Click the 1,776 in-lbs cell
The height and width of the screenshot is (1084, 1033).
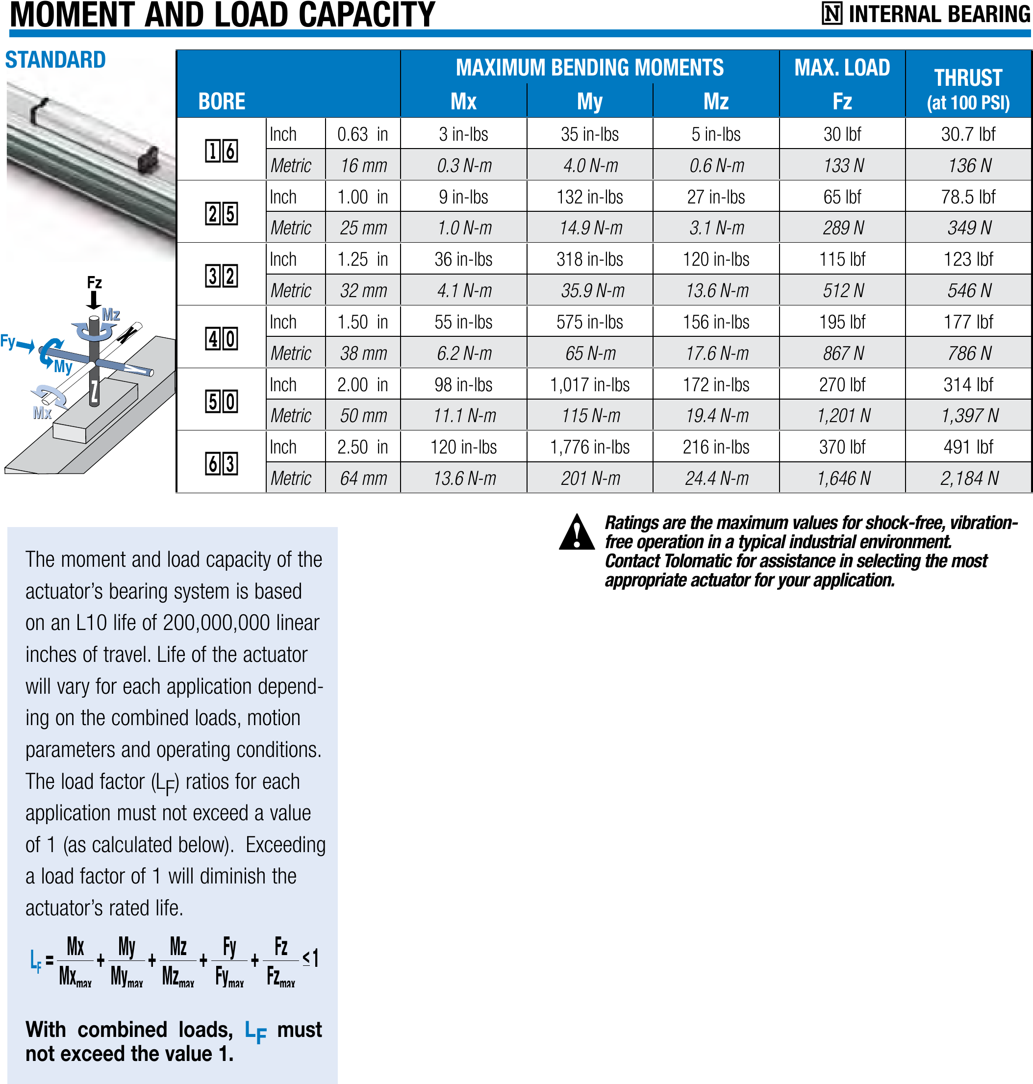tap(589, 447)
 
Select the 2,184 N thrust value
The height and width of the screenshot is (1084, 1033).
tap(969, 479)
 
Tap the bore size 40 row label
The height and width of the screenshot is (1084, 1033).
tap(222, 338)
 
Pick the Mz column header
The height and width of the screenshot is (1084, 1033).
tap(715, 101)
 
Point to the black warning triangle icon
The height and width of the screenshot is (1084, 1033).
tap(577, 533)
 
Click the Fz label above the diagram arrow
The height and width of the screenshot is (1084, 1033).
tap(94, 283)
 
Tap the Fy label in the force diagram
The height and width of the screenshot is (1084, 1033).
tap(8, 341)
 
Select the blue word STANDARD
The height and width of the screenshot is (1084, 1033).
tap(55, 59)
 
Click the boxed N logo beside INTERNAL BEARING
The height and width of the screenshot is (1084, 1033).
tap(831, 14)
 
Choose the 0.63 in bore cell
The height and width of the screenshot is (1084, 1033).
tap(362, 134)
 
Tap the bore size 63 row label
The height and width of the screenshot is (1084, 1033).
tap(222, 463)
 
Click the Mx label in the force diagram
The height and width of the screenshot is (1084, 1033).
tap(42, 413)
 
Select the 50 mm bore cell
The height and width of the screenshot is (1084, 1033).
tap(363, 416)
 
